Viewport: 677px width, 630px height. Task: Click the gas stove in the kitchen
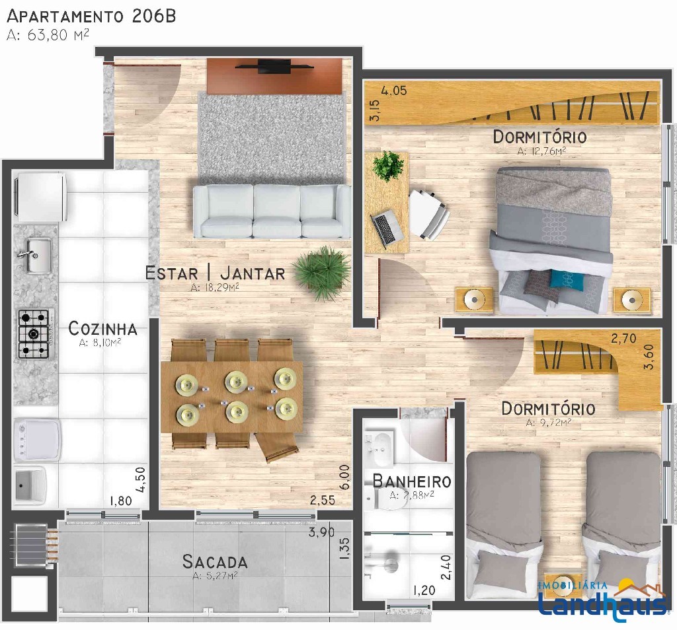tap(34, 333)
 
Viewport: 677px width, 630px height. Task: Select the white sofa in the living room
tap(272, 211)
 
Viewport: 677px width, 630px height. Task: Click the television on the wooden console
tap(274, 67)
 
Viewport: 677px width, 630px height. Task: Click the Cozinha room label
tap(102, 329)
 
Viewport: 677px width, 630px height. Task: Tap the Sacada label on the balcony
tap(215, 561)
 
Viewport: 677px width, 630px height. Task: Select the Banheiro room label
tap(412, 481)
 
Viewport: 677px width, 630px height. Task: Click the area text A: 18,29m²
tap(215, 288)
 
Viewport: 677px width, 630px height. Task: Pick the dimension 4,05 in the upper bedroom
tap(393, 90)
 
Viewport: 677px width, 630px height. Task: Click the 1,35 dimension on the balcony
tap(344, 549)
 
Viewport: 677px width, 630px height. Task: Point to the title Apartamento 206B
tap(91, 16)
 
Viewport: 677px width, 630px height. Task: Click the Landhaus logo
tap(603, 600)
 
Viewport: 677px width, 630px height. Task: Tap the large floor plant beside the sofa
tap(321, 271)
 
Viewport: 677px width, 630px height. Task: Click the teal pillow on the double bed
tap(567, 279)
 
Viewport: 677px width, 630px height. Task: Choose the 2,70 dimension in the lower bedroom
tap(623, 339)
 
